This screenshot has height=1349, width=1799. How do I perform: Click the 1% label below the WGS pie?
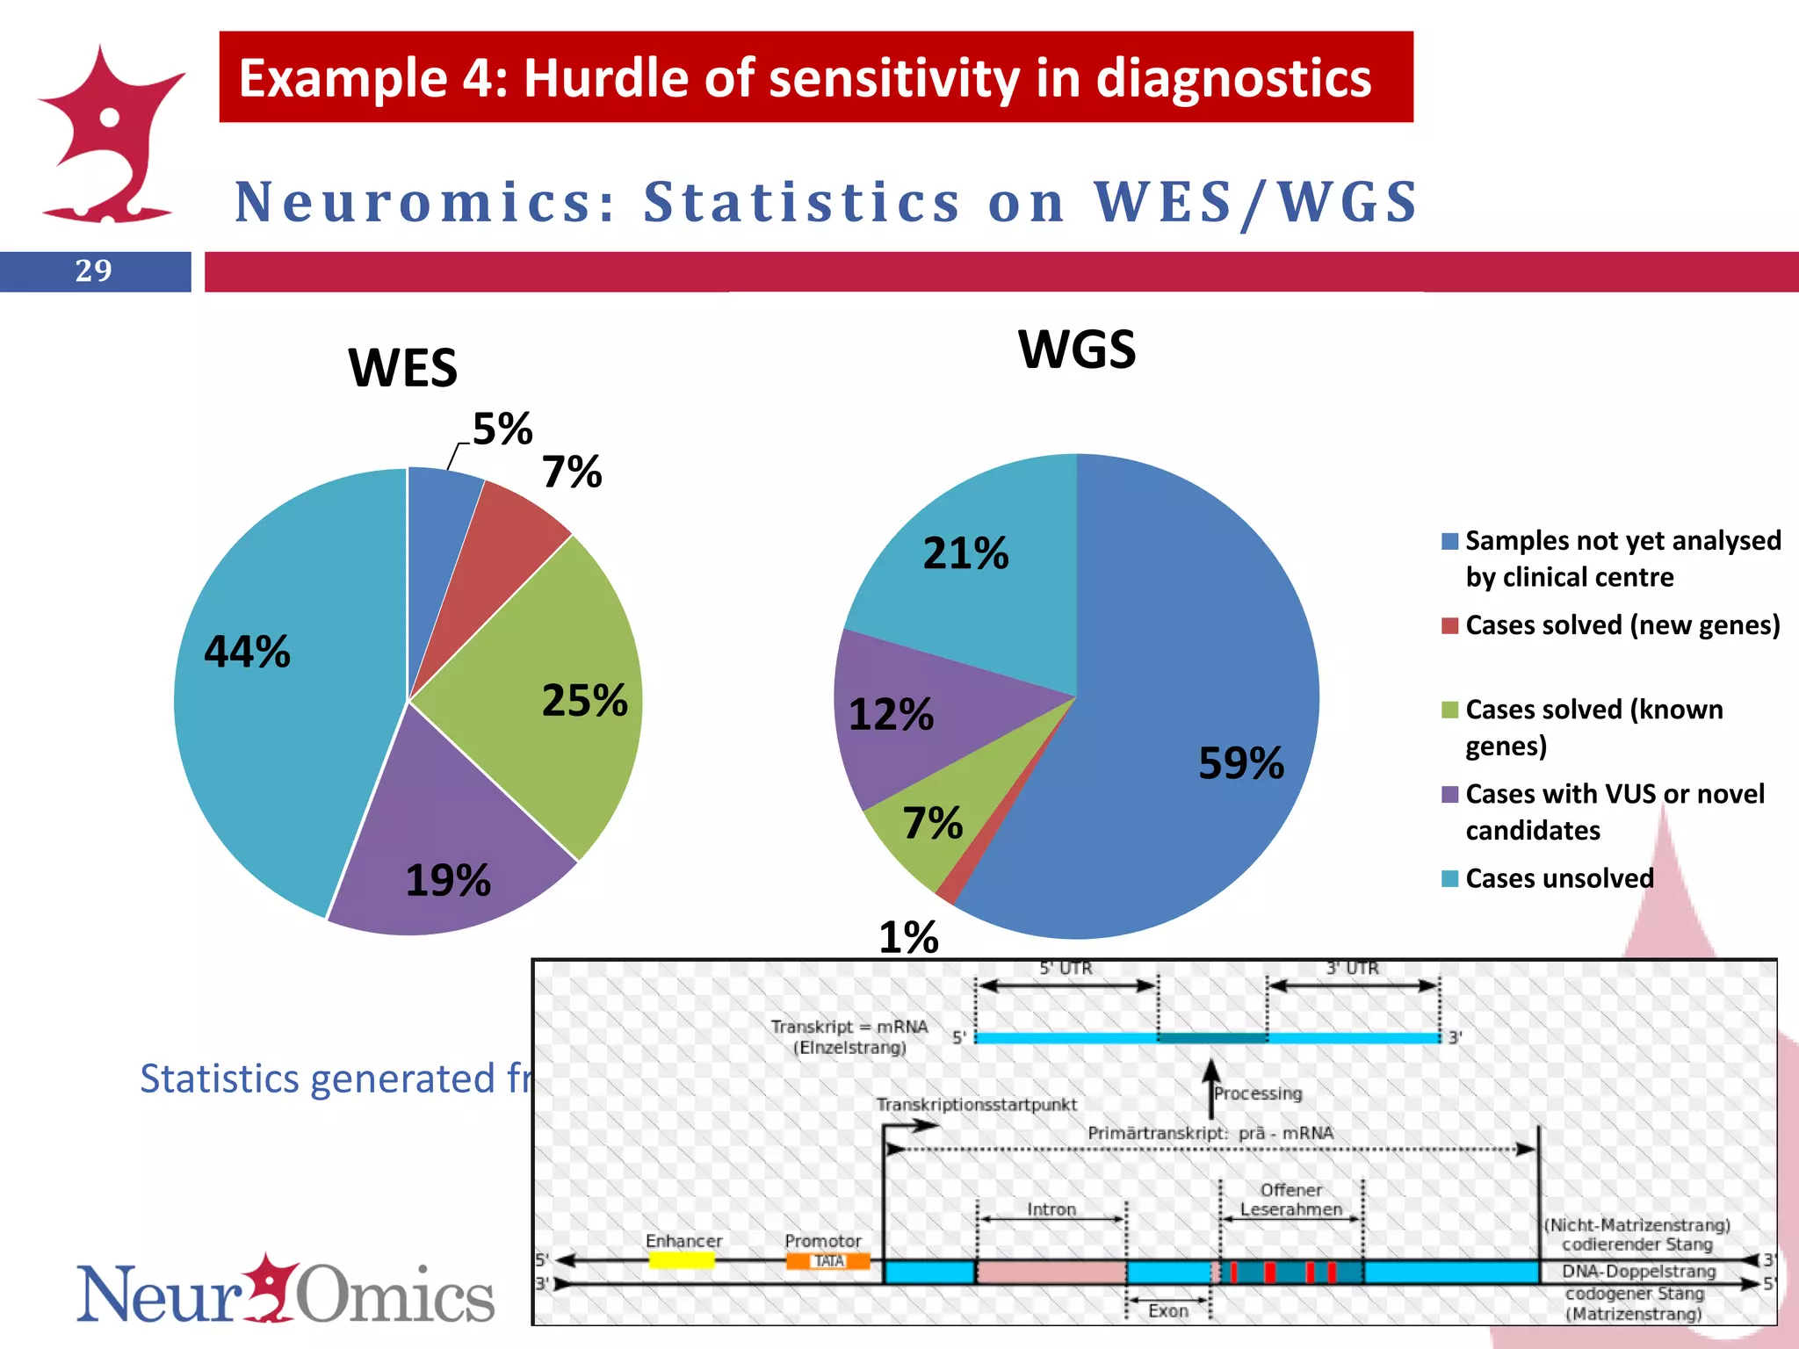(x=909, y=938)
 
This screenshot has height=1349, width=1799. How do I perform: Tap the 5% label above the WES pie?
(x=502, y=429)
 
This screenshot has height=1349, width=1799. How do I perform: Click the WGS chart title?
(x=1077, y=350)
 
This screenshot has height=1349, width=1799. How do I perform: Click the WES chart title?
(x=403, y=367)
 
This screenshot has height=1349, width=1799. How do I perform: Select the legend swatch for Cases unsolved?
(x=1449, y=878)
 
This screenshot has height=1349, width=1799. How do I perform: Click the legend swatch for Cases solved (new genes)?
(x=1449, y=625)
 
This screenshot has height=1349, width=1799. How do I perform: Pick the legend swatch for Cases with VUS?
(x=1449, y=795)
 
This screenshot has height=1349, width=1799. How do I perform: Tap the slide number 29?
(x=94, y=271)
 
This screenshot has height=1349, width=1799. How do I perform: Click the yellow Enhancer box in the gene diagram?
(x=682, y=1260)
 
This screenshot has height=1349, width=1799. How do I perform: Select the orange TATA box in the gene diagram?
(x=827, y=1261)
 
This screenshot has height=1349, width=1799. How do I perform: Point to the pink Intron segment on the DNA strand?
(x=1051, y=1271)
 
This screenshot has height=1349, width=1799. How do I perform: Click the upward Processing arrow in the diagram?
(x=1211, y=1089)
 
